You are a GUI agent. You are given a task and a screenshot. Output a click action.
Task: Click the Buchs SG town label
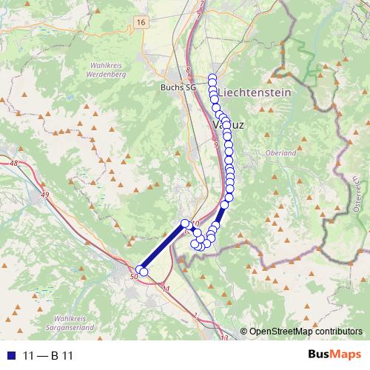[178, 87]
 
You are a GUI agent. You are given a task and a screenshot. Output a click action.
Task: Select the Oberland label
[280, 153]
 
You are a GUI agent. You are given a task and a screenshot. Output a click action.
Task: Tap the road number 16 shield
[141, 23]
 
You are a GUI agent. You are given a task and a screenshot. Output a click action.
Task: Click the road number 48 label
[13, 163]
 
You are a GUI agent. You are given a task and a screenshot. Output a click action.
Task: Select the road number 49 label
[45, 194]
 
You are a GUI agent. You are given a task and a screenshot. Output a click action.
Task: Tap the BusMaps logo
[335, 355]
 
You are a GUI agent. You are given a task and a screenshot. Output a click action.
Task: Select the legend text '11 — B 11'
[44, 355]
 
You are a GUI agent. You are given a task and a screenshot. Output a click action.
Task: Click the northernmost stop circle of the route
[212, 78]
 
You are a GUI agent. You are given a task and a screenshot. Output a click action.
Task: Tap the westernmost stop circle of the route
[139, 269]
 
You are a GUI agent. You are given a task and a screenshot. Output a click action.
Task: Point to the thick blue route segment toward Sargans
[163, 246]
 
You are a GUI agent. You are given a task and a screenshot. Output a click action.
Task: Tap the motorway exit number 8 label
[189, 70]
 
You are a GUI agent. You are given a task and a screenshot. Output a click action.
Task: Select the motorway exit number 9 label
[215, 145]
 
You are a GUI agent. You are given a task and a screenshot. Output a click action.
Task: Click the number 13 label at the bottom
[223, 338]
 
